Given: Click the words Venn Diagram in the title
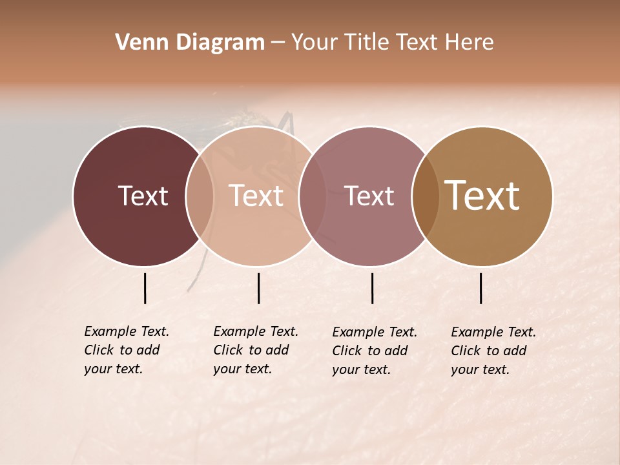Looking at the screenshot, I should pos(190,43).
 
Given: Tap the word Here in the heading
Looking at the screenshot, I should pos(470,43).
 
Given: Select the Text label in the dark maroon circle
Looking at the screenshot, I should pos(143,196).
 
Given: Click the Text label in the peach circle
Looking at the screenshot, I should pos(256,196).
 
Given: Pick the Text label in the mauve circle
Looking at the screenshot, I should pos(369,196).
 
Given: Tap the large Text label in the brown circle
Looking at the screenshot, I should pos(482,196).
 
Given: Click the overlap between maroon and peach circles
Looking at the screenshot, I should pos(200,196).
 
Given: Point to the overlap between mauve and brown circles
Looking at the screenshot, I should pos(426,196).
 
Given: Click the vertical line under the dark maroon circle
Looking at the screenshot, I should pos(145,288).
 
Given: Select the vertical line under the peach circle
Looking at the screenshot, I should pos(258,288).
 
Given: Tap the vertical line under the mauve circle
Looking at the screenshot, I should pos(372,288).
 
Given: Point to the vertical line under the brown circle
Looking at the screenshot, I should pos(480,288).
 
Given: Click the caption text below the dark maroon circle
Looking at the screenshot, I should pos(126,350).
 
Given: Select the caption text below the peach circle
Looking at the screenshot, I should pos(255,350).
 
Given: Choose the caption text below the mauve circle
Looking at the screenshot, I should pos(374,351).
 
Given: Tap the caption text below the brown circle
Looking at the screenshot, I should pos(493,351).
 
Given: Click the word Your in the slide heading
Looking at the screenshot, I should pos(313,43).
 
